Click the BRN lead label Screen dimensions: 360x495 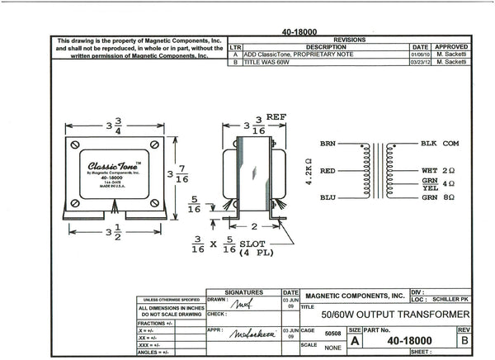click(328, 143)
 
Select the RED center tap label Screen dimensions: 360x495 click(328, 171)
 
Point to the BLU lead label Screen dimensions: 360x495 click(328, 199)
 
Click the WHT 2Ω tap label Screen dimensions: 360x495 click(438, 170)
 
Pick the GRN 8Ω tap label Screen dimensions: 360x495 click(438, 199)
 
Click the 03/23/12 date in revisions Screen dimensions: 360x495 click(421, 62)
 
